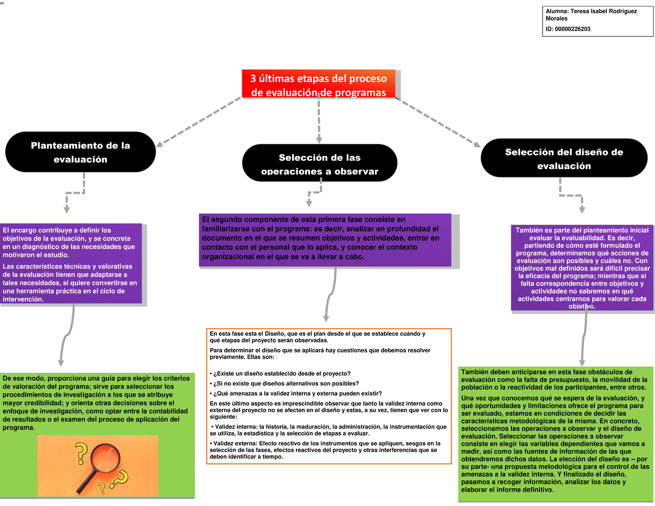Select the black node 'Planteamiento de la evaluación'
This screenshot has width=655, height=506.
tap(80, 152)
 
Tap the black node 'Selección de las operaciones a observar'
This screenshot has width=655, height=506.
tap(319, 163)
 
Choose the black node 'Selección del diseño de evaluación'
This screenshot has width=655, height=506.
tap(563, 158)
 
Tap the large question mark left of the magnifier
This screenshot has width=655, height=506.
tap(80, 453)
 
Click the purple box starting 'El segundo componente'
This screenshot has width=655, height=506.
tap(325, 239)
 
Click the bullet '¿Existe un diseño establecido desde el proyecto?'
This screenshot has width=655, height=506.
tap(281, 373)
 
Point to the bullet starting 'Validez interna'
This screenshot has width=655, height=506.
tap(327, 430)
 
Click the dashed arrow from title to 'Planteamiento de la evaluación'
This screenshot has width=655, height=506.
tap(199, 122)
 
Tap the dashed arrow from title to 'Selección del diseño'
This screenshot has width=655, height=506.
tap(437, 122)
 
